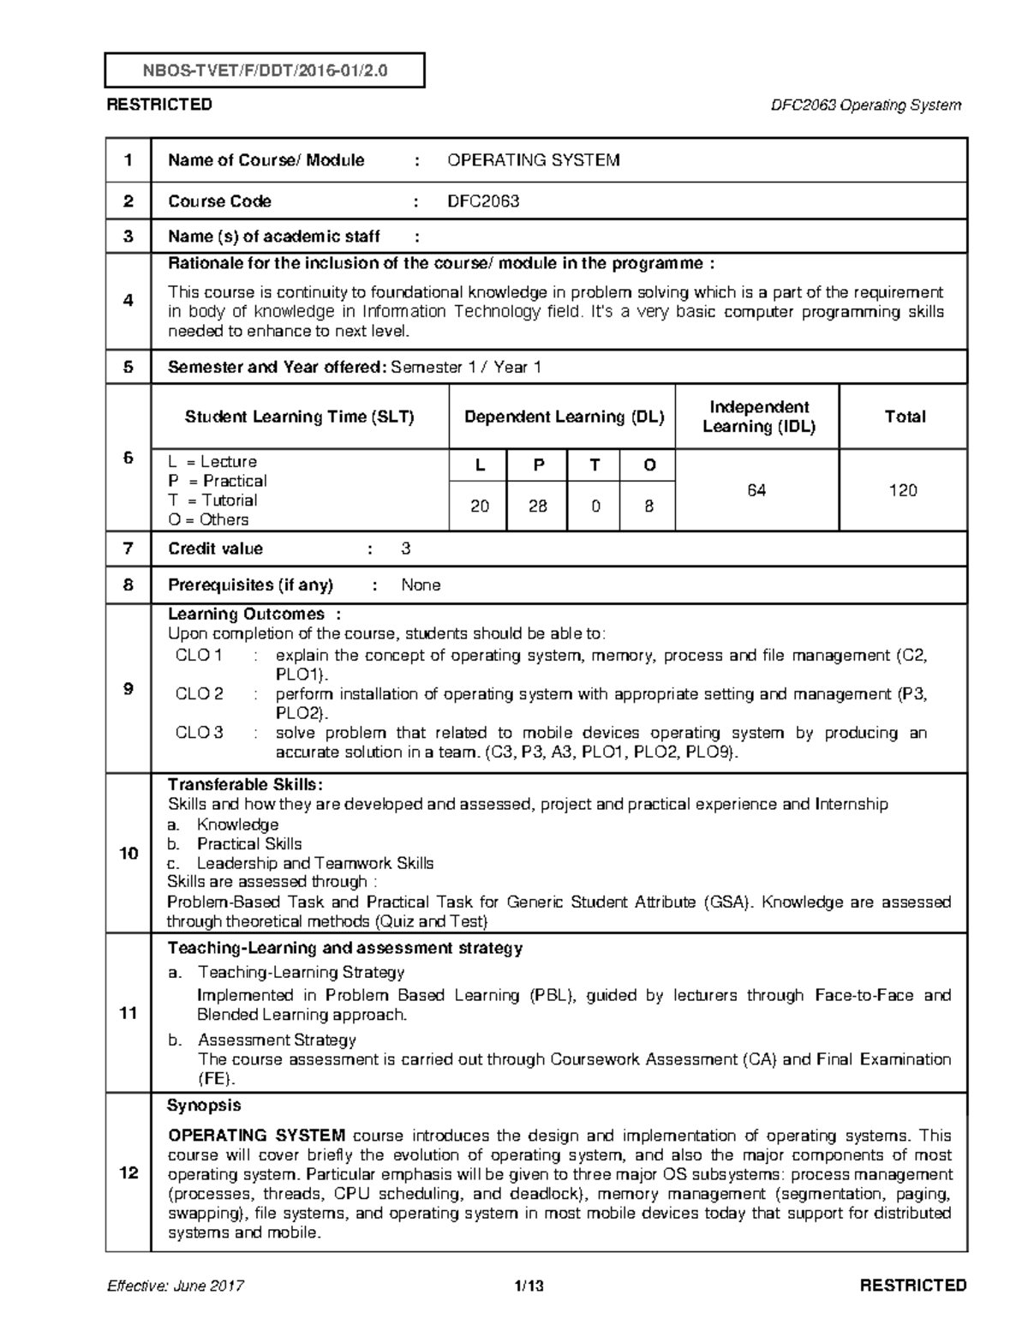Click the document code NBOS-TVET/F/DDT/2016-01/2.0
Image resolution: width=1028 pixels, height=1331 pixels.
(x=264, y=71)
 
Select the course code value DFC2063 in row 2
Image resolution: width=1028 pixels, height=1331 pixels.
(x=483, y=201)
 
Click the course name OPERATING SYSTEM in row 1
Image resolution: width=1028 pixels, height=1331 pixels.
(x=534, y=160)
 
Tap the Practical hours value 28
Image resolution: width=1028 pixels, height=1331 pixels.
(x=537, y=507)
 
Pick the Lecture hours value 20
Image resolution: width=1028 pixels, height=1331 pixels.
(x=479, y=507)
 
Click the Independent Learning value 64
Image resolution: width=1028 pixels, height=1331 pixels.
(x=756, y=490)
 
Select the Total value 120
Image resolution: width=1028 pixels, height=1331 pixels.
(x=903, y=490)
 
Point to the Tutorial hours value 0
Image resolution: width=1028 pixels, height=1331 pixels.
(x=595, y=507)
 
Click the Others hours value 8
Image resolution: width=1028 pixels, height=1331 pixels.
(x=648, y=507)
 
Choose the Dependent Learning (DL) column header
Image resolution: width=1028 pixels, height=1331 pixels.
(x=564, y=417)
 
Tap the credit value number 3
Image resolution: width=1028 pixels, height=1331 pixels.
(x=406, y=549)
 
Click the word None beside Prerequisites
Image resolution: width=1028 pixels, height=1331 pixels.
(x=421, y=585)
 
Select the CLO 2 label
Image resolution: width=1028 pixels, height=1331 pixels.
(x=199, y=694)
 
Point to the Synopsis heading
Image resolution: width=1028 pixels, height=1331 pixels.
(x=204, y=1106)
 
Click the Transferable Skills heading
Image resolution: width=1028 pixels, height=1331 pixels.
(x=245, y=785)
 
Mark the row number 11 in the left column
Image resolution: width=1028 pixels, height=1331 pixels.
(x=128, y=1014)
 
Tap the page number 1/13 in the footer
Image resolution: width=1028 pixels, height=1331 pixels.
(x=529, y=1286)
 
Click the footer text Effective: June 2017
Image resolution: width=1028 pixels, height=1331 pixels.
(x=176, y=1286)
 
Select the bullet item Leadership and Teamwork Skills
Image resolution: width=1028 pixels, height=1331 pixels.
(x=314, y=863)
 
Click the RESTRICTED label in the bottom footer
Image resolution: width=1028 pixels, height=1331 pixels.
(x=913, y=1286)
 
